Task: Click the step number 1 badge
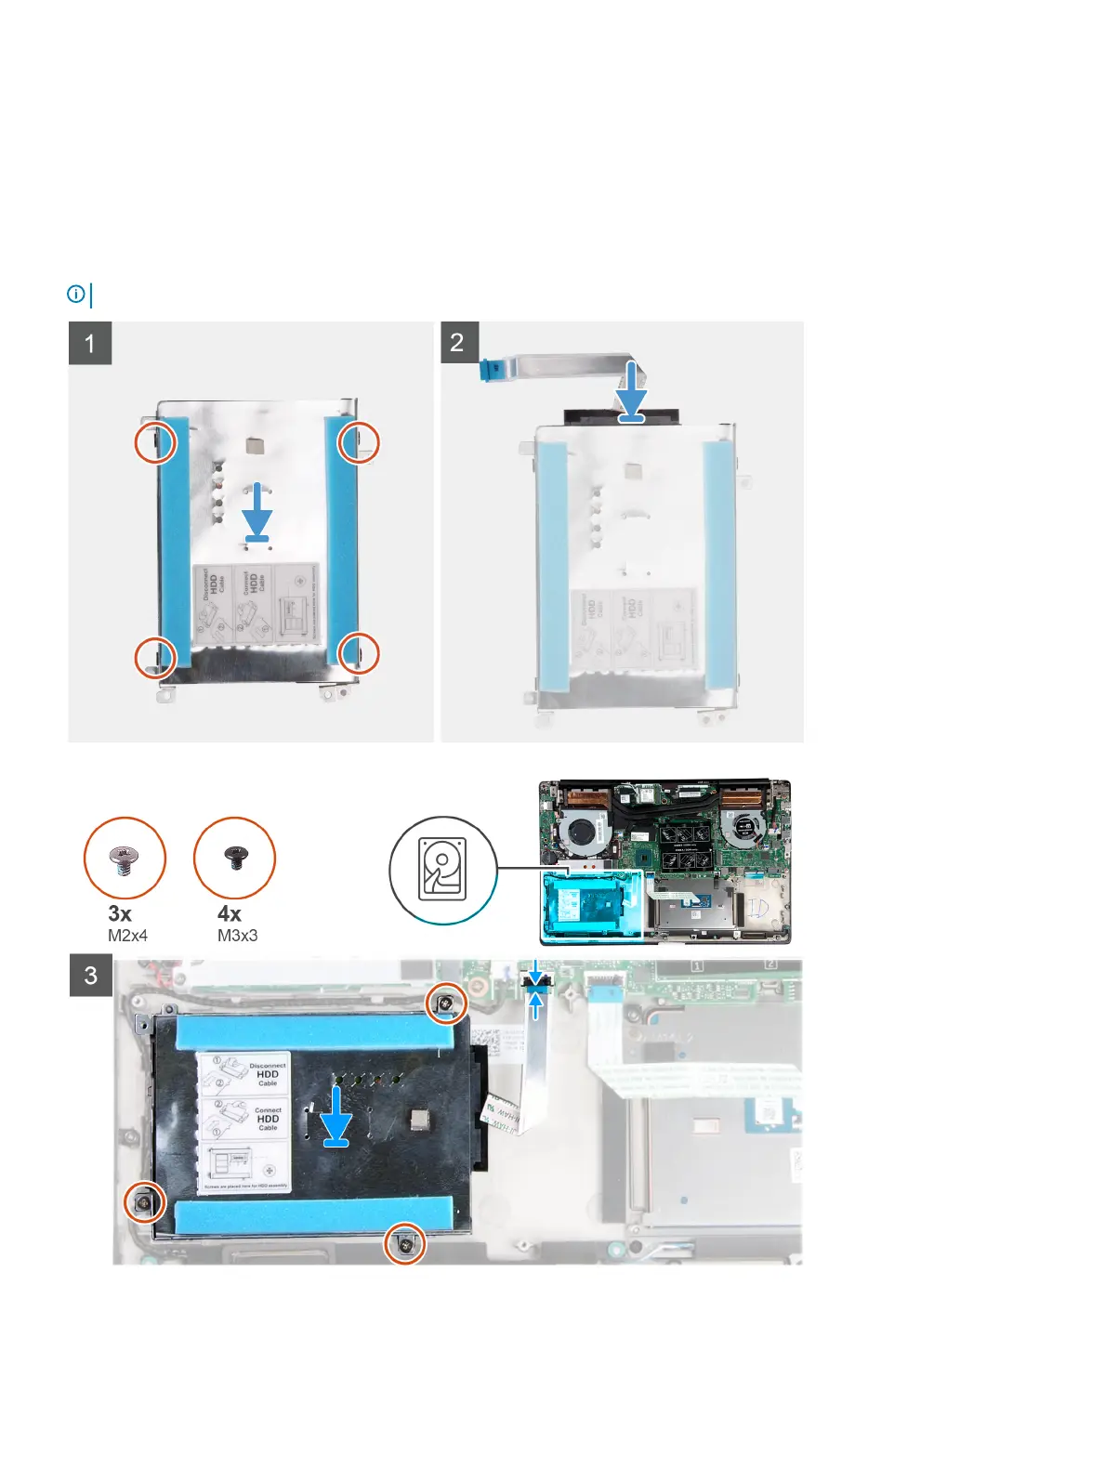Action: coord(90,344)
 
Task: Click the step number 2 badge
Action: coord(457,343)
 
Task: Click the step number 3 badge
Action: coord(91,976)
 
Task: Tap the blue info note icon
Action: coord(76,295)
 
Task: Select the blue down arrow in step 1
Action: coord(257,512)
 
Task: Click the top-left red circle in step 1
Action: coord(155,442)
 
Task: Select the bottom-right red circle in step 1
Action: coord(359,653)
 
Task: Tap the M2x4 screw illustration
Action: coord(125,859)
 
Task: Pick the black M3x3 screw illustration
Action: coord(234,859)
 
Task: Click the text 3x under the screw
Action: coord(120,914)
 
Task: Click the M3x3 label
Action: coord(237,936)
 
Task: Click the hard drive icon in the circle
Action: coord(442,871)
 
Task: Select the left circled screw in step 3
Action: coord(145,1203)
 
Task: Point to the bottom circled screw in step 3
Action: coord(406,1243)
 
